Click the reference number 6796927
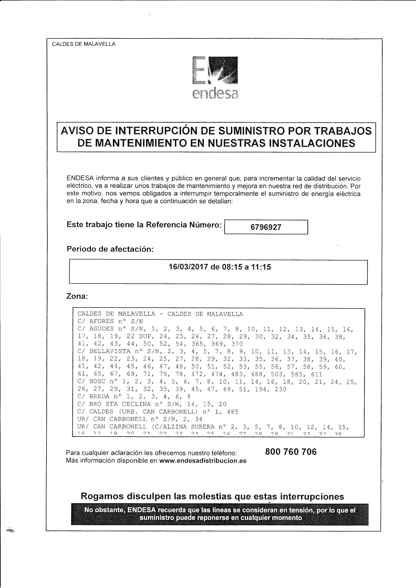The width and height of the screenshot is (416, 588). (266, 227)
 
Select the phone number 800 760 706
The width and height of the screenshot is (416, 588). (291, 452)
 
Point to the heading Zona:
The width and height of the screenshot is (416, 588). (77, 296)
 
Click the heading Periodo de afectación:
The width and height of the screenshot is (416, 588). (110, 249)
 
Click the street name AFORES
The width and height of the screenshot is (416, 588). (101, 321)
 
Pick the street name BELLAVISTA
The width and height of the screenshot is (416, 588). (110, 352)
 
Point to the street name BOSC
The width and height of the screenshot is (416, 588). (97, 382)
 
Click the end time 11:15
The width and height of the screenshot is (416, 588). (262, 267)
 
